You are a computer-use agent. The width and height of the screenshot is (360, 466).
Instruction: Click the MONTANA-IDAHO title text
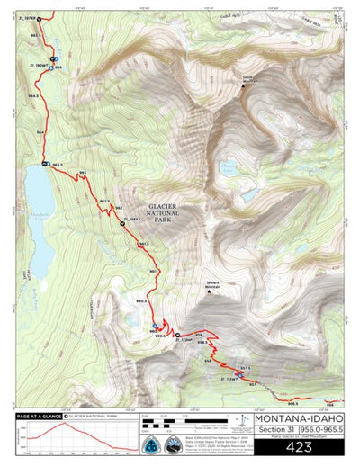tap(300, 418)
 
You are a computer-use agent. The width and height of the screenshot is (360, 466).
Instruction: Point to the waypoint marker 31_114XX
tap(122, 222)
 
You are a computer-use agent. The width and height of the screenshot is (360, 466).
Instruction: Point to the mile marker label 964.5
tap(33, 94)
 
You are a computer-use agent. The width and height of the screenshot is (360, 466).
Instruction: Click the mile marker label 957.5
tap(244, 368)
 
